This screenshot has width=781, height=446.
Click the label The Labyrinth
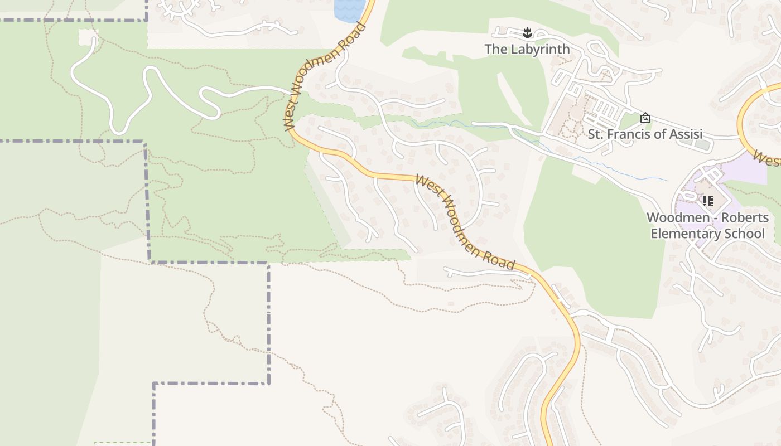pos(527,49)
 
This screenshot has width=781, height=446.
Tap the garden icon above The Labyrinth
pos(527,33)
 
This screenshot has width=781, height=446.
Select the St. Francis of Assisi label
pos(645,134)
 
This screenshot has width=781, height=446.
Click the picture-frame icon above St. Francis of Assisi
pos(645,118)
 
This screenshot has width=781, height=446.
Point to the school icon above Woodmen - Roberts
pos(707,201)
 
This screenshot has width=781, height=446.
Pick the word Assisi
pos(684,134)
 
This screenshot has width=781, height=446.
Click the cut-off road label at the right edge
pos(766,158)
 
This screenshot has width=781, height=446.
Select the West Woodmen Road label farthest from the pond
pos(465,222)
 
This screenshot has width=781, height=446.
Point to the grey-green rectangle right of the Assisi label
pos(703,144)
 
